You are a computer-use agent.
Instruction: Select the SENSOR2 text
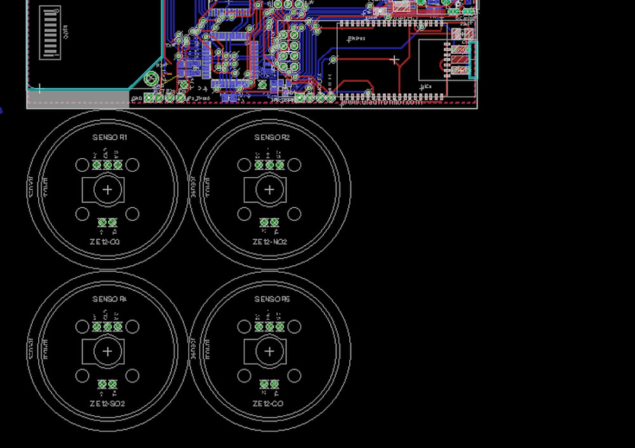[x=272, y=138]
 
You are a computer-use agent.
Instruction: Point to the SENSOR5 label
[x=272, y=300]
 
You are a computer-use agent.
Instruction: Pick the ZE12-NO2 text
[x=269, y=242]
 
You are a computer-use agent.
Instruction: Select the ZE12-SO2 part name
[x=107, y=404]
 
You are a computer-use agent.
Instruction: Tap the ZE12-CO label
[x=269, y=404]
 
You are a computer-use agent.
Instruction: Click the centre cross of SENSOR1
[x=108, y=189]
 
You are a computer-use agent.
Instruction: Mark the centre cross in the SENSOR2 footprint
[x=270, y=189]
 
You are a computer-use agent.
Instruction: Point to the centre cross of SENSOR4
[x=108, y=351]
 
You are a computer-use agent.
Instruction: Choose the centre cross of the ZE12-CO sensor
[x=270, y=351]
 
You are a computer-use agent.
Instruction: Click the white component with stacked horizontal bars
[x=50, y=33]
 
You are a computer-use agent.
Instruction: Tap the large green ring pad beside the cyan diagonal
[x=151, y=79]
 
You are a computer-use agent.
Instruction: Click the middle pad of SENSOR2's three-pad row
[x=269, y=165]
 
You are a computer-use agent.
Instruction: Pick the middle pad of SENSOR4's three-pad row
[x=107, y=327]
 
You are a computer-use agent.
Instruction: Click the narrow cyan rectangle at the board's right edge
[x=472, y=60]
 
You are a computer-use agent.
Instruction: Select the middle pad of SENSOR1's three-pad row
[x=107, y=165]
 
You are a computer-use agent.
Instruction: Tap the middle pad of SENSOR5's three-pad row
[x=269, y=327]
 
